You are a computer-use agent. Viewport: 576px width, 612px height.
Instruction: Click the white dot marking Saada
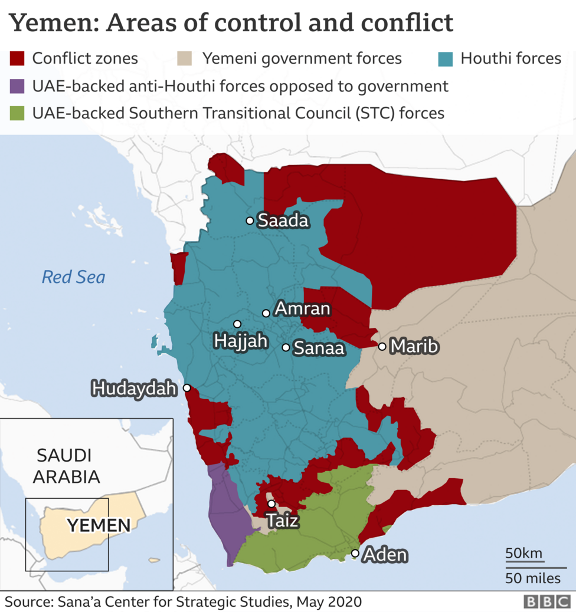[250, 221]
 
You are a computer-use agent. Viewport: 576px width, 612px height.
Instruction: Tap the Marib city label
[414, 347]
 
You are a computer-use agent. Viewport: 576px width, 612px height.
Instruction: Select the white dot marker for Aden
[355, 553]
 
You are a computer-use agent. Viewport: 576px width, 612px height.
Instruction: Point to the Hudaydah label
[134, 389]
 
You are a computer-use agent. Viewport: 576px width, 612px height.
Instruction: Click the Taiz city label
[282, 521]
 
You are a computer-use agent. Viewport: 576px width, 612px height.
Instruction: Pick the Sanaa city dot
[286, 347]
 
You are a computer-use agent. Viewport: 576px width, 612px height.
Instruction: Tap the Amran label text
[303, 309]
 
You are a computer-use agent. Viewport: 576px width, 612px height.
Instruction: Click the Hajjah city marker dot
[237, 324]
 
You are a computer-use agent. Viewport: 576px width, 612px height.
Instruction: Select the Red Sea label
[73, 277]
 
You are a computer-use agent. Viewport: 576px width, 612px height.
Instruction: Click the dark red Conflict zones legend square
[17, 58]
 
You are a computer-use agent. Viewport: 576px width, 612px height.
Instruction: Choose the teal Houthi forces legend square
[445, 58]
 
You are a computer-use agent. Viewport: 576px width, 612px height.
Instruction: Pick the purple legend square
[17, 86]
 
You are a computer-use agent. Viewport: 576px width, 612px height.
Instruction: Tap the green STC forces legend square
[17, 113]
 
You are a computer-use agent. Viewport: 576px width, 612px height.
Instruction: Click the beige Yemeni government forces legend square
[185, 58]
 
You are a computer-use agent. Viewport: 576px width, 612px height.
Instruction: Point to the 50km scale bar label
[523, 554]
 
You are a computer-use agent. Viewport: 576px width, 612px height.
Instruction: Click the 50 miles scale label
[533, 578]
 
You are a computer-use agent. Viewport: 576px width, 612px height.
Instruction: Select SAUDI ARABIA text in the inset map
[66, 465]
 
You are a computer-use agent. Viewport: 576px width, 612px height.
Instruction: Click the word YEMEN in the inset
[99, 525]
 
